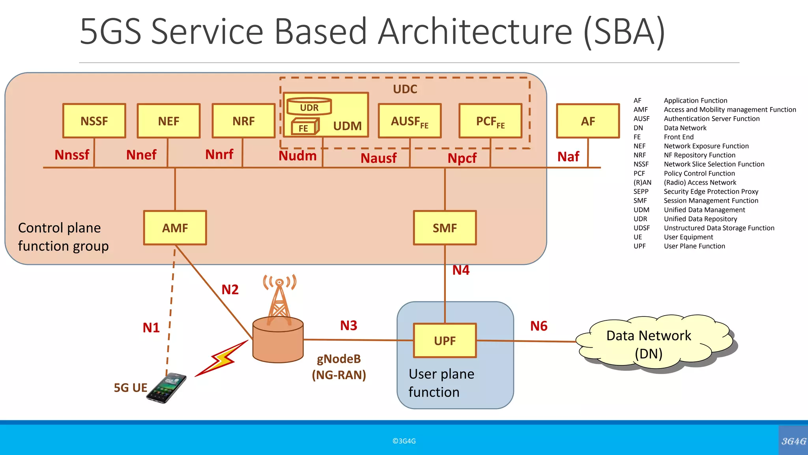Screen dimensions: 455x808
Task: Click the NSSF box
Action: click(94, 121)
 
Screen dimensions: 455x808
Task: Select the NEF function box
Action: click(168, 121)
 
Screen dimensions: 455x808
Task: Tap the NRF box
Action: click(243, 121)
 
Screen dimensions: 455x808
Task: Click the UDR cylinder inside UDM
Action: click(309, 107)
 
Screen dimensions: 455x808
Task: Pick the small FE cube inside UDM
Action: click(304, 127)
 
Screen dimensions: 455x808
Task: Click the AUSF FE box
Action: click(410, 121)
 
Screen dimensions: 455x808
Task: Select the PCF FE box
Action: click(490, 121)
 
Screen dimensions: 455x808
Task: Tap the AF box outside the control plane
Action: click(588, 121)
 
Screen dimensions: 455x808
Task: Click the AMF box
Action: click(175, 228)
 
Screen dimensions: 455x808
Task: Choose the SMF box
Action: click(445, 228)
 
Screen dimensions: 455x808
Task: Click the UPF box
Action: click(445, 340)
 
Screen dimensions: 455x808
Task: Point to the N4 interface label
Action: click(461, 270)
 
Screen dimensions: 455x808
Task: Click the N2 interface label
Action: click(230, 290)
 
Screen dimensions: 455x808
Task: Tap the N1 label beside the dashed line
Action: click(151, 327)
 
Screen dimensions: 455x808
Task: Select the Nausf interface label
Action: click(378, 158)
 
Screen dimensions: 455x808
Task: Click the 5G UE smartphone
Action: click(167, 388)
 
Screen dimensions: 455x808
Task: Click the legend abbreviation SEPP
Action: click(641, 192)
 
